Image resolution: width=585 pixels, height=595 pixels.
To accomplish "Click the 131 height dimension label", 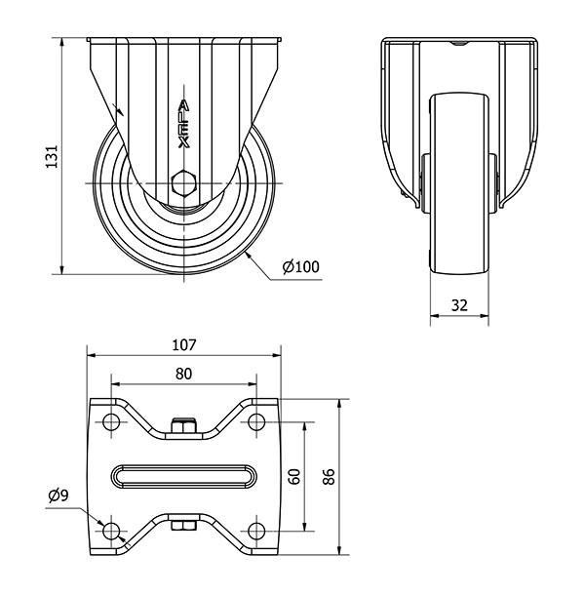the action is pyautogui.click(x=52, y=156).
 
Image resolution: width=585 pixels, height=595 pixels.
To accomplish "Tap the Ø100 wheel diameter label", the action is pyautogui.click(x=301, y=266).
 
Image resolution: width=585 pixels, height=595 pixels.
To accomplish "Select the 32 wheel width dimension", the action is pyautogui.click(x=459, y=305).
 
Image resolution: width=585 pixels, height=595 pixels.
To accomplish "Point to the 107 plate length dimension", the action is pyautogui.click(x=184, y=345).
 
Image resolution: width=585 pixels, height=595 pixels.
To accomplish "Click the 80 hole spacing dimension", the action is pyautogui.click(x=184, y=375).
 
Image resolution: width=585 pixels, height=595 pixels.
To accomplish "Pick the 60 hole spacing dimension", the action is pyautogui.click(x=294, y=477).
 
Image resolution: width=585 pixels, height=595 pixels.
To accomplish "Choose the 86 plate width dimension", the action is pyautogui.click(x=329, y=477).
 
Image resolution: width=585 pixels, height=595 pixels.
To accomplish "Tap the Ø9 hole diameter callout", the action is pyautogui.click(x=58, y=496).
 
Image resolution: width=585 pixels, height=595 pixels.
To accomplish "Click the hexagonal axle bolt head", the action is pyautogui.click(x=184, y=183).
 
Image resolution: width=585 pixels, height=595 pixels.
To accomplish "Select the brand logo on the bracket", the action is pyautogui.click(x=184, y=124).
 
